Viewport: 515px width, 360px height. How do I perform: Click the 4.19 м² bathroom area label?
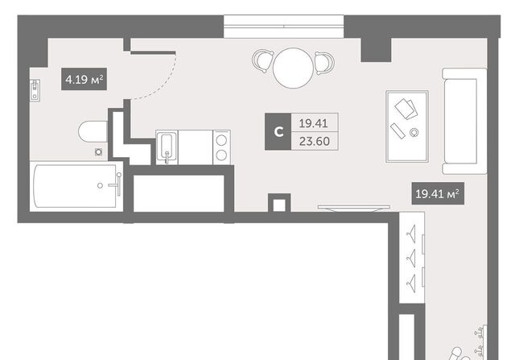[84, 79]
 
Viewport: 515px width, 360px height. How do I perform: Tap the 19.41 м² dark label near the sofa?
[438, 193]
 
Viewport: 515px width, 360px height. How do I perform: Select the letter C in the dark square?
[278, 132]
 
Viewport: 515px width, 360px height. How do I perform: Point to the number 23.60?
[315, 141]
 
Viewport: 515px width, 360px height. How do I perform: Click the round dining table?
[293, 68]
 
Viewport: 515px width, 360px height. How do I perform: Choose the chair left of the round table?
[263, 61]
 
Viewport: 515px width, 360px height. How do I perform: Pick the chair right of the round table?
[324, 63]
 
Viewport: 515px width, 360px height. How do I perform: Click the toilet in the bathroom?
[93, 131]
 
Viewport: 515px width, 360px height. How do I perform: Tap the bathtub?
[76, 186]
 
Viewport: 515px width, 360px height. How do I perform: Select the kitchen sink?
[167, 147]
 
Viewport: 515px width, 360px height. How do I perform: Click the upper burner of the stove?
[221, 140]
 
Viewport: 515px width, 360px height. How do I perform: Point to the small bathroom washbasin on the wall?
[35, 90]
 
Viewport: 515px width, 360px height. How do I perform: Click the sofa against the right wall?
[464, 121]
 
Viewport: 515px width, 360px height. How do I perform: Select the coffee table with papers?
[407, 126]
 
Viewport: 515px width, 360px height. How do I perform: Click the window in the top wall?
[284, 27]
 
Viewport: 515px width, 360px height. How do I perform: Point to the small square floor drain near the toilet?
[98, 152]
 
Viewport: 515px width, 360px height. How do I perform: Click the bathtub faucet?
[115, 184]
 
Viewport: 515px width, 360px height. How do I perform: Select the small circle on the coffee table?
[414, 133]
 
